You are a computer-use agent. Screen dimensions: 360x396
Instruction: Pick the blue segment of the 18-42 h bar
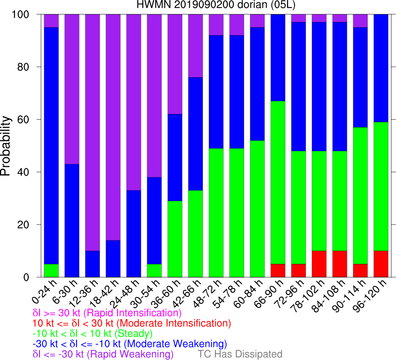(113, 259)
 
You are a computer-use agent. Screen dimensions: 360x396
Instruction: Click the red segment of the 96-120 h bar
(381, 264)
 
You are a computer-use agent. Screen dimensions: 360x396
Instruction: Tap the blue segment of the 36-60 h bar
(175, 157)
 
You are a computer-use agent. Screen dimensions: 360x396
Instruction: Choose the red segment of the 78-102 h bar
(319, 264)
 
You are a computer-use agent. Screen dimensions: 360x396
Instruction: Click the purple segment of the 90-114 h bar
(360, 21)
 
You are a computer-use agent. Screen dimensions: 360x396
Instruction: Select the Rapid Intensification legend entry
(108, 313)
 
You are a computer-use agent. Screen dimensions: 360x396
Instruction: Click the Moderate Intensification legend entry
(132, 323)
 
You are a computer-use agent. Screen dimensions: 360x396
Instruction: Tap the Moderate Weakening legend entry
(130, 343)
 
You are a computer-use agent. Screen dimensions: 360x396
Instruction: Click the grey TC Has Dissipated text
(240, 354)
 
